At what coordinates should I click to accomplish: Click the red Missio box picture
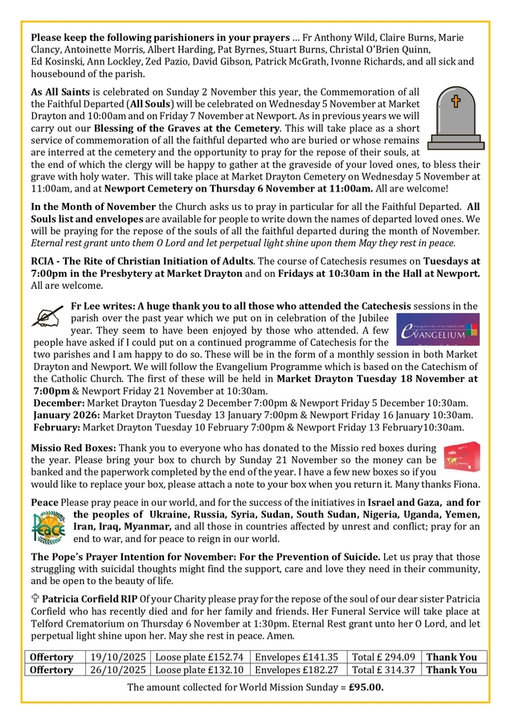(461, 458)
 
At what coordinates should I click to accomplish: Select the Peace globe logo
(49, 527)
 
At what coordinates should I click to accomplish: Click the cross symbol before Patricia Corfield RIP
(35, 599)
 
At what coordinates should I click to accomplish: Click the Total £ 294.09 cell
(383, 656)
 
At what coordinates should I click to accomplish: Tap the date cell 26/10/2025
(118, 669)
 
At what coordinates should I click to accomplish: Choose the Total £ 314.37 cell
(383, 669)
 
